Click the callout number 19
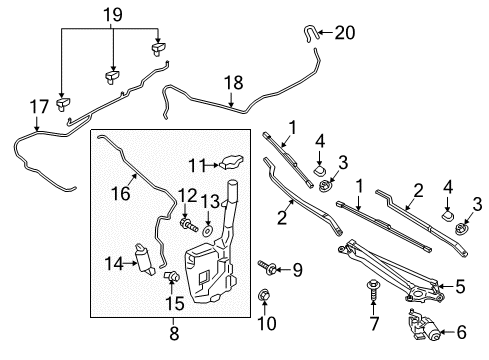[112, 15]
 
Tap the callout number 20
[345, 32]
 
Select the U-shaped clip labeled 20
[310, 36]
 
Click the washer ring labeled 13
[206, 233]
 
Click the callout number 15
[175, 302]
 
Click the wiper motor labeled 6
[424, 325]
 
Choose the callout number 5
[461, 287]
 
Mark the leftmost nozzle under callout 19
[65, 101]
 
